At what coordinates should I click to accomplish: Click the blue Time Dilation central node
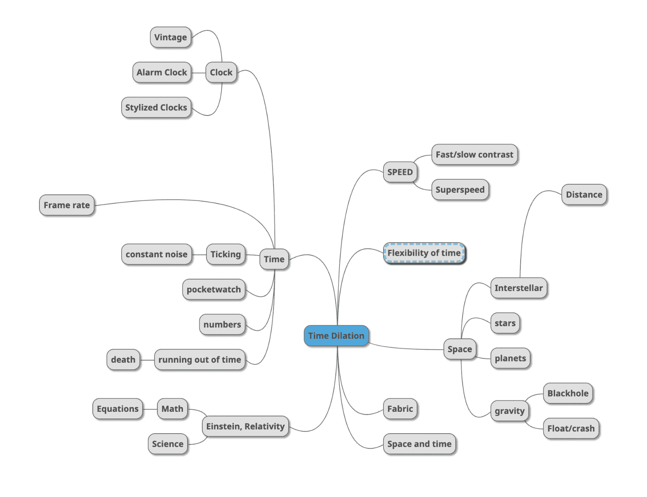pos(336,336)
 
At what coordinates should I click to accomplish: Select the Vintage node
pos(170,37)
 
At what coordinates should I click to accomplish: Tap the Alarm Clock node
pos(162,73)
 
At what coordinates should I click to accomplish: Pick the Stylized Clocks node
pos(156,107)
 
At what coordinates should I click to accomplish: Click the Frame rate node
pos(67,205)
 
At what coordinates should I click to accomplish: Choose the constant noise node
pos(157,254)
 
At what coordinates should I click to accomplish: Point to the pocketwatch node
pos(214,290)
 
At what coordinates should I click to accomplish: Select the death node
pos(123,360)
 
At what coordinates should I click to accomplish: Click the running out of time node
pos(200,360)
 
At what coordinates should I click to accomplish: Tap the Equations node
pos(117,409)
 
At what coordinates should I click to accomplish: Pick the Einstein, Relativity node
pos(245,426)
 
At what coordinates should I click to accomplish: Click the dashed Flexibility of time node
pos(424,253)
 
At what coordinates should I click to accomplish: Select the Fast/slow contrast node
pos(474,155)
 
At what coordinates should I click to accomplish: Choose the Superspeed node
pos(460,190)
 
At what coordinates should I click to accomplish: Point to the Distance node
pos(584,195)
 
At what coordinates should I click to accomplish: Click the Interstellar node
pos(519,288)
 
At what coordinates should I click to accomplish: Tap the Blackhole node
pos(568,393)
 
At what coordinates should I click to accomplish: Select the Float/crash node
pos(571,429)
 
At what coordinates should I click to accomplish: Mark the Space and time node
pos(419,444)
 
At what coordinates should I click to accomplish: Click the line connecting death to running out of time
pos(147,360)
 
